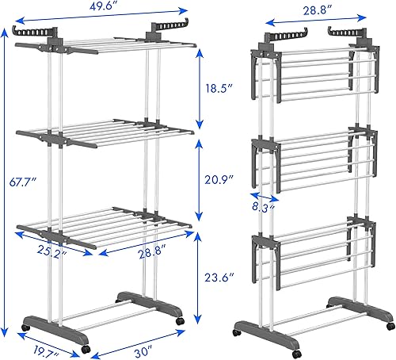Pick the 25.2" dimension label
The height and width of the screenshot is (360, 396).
[x=50, y=255]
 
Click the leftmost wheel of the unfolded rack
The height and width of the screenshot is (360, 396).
[x=25, y=327]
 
